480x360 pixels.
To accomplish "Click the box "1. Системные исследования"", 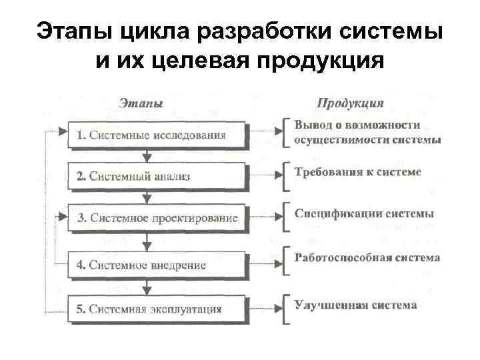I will pos(158,135).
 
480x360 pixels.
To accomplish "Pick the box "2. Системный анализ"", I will pos(158,177).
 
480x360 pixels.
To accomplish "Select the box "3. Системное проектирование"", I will pos(158,217).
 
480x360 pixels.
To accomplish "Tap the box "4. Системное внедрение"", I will pos(158,265).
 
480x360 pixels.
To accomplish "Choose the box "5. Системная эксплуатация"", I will pos(158,309).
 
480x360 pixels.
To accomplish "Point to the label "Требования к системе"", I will pos(358,172).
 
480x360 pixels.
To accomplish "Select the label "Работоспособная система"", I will pos(367,257).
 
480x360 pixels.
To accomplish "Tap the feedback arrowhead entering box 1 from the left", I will pos(63,131).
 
